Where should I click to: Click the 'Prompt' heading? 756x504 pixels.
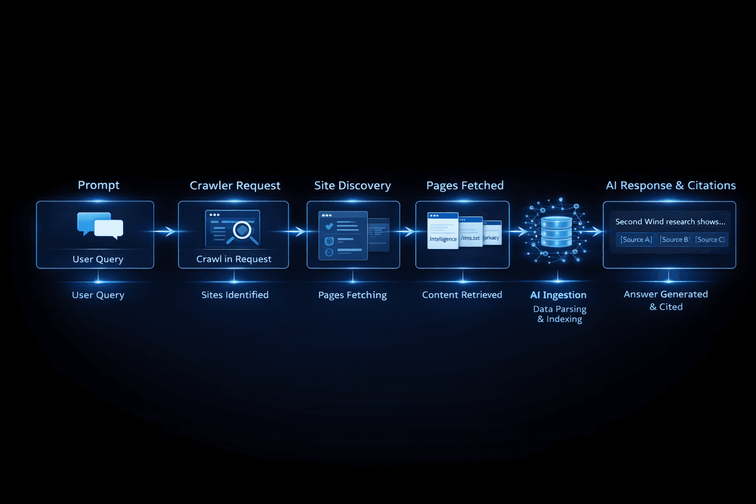click(98, 186)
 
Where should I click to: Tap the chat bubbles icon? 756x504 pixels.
click(100, 225)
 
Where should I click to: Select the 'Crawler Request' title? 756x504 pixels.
click(235, 186)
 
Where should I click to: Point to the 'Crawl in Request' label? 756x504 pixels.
click(234, 259)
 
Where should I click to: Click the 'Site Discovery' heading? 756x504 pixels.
click(353, 186)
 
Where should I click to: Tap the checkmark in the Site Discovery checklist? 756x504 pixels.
click(329, 226)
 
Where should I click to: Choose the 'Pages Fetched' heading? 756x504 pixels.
click(465, 186)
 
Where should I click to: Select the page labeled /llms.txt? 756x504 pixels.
click(471, 232)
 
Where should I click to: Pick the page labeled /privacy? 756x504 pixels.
click(492, 233)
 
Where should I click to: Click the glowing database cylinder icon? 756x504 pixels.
click(556, 232)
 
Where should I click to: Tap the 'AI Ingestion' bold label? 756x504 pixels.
click(558, 295)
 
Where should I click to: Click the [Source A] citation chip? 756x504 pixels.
click(636, 240)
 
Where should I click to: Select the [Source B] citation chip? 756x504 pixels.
click(674, 240)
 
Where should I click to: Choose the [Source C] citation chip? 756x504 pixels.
click(710, 240)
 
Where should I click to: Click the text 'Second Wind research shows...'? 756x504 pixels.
click(670, 222)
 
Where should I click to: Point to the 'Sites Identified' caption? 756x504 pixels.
click(235, 295)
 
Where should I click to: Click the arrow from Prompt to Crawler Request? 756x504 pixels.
click(165, 231)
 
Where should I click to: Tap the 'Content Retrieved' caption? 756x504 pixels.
click(462, 295)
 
